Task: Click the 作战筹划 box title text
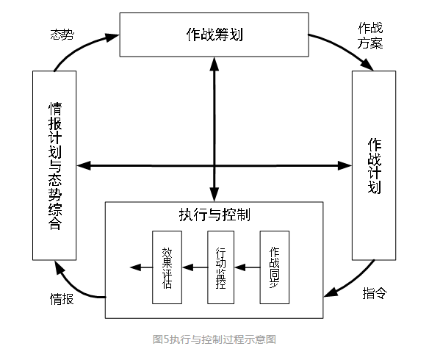pyautogui.click(x=214, y=35)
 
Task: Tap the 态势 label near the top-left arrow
pyautogui.click(x=62, y=35)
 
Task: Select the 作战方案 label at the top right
pyautogui.click(x=370, y=36)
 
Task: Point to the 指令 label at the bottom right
pyautogui.click(x=375, y=293)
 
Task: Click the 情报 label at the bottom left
pyautogui.click(x=62, y=299)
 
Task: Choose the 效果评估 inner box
pyautogui.click(x=167, y=267)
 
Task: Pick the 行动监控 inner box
pyautogui.click(x=220, y=267)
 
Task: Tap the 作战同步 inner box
pyautogui.click(x=275, y=267)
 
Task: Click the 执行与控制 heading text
pyautogui.click(x=214, y=215)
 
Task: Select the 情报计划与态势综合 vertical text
pyautogui.click(x=55, y=166)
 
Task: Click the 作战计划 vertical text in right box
pyautogui.click(x=375, y=165)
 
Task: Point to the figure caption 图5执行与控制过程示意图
pyautogui.click(x=214, y=339)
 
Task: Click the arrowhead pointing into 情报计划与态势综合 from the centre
pyautogui.click(x=84, y=165)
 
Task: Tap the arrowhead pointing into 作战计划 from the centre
pyautogui.click(x=345, y=165)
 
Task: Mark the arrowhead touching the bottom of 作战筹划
pyautogui.click(x=214, y=64)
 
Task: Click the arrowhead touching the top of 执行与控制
pyautogui.click(x=214, y=195)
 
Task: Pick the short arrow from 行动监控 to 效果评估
pyautogui.click(x=195, y=267)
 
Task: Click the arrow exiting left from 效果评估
pyautogui.click(x=141, y=267)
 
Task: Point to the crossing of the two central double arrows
pyautogui.click(x=214, y=165)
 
